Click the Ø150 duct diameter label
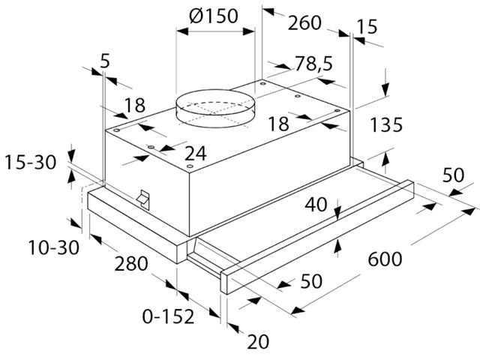click(213, 16)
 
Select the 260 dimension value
click(304, 23)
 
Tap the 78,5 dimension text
click(313, 64)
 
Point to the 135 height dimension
click(386, 125)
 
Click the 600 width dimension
click(385, 259)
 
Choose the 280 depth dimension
click(131, 263)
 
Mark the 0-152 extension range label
click(168, 316)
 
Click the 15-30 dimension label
click(30, 162)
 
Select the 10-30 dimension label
click(53, 247)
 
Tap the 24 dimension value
click(196, 153)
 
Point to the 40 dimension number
click(316, 205)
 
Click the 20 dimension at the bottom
click(258, 342)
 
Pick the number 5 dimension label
click(105, 61)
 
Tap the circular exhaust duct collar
click(215, 109)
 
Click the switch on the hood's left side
click(143, 199)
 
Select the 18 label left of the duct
click(135, 105)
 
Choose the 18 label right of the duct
click(278, 124)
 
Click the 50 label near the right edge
click(453, 175)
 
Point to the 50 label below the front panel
click(311, 281)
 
